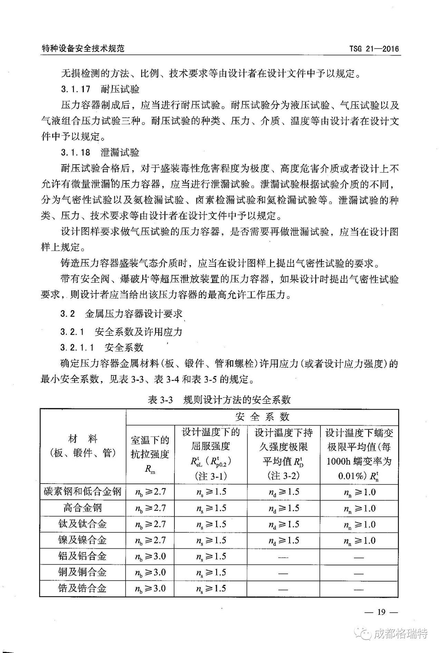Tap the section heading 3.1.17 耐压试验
(100, 89)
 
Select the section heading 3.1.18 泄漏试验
(100, 152)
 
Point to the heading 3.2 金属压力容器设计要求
(121, 314)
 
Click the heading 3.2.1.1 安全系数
(102, 347)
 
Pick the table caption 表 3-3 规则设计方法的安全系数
(219, 400)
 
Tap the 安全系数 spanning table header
(262, 417)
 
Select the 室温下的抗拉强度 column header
(150, 454)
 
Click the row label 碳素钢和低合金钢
(83, 491)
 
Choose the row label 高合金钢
(83, 508)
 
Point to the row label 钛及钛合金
(83, 524)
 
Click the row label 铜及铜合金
(83, 572)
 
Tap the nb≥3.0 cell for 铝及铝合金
(150, 556)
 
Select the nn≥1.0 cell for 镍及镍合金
(359, 540)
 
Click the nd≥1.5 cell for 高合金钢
(284, 508)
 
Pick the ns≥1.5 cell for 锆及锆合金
(211, 588)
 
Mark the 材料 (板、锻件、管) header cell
(83, 446)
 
